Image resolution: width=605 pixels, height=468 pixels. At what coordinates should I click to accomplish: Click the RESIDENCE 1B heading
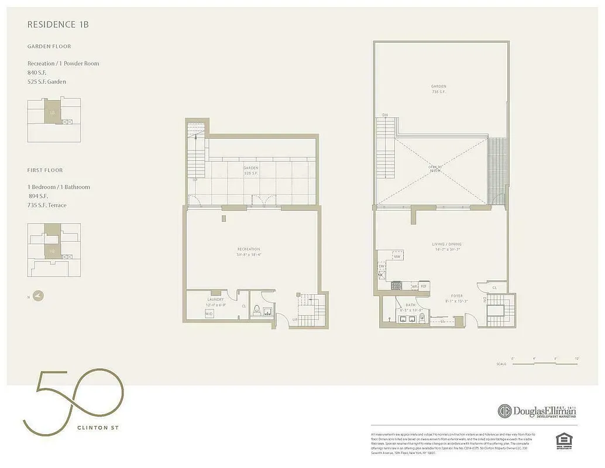pyautogui.click(x=58, y=25)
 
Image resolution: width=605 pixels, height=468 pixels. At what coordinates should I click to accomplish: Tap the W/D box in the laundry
pyautogui.click(x=209, y=314)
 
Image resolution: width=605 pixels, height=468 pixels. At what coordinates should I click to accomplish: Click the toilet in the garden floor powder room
pyautogui.click(x=264, y=312)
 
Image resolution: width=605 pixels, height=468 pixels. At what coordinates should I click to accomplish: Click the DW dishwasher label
pyautogui.click(x=382, y=266)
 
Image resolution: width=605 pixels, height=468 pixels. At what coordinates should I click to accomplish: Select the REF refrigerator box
pyautogui.click(x=424, y=286)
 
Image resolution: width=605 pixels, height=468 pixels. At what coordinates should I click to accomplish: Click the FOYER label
pyautogui.click(x=456, y=297)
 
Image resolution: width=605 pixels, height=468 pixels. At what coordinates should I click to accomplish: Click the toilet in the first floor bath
pyautogui.click(x=422, y=318)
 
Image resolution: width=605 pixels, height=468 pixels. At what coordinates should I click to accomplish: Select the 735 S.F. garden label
pyautogui.click(x=439, y=89)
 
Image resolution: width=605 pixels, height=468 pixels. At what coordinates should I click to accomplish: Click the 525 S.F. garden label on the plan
pyautogui.click(x=251, y=170)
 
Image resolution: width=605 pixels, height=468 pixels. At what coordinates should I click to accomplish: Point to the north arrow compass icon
pyautogui.click(x=39, y=296)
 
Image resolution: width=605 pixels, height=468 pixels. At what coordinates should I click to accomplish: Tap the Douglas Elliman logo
pyautogui.click(x=537, y=411)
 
